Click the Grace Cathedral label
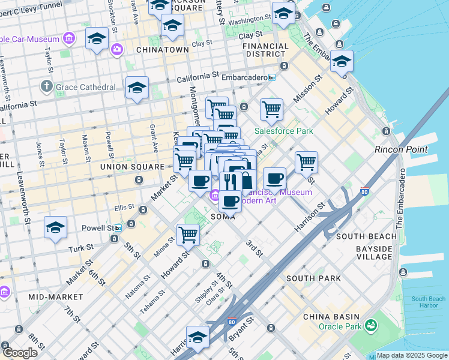(x=85, y=87)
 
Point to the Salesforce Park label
(x=284, y=131)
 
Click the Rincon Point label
(x=401, y=149)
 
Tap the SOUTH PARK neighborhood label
(x=313, y=278)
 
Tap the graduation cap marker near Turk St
(x=55, y=228)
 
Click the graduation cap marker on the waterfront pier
(x=342, y=61)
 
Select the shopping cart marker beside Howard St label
(x=188, y=235)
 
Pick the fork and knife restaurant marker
(x=230, y=181)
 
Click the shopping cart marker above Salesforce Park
(x=272, y=109)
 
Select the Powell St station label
(x=101, y=228)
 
